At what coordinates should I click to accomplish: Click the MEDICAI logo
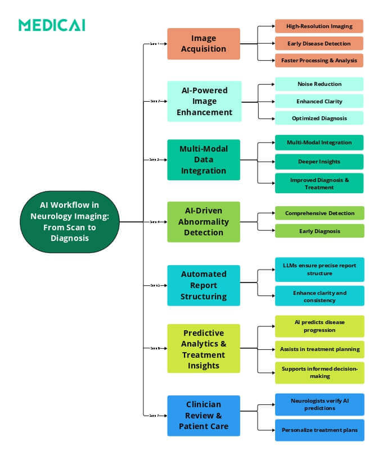click(51, 25)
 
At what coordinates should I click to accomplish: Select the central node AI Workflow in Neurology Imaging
click(70, 222)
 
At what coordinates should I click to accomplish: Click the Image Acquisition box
click(203, 44)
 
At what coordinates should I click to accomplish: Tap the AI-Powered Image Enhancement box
click(204, 101)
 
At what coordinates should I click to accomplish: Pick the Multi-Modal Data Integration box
click(203, 160)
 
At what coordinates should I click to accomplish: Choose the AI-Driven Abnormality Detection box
click(203, 222)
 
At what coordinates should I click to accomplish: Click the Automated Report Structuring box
click(203, 285)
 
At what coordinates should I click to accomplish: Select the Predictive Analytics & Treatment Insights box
click(203, 348)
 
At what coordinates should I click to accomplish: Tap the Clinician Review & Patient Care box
click(203, 415)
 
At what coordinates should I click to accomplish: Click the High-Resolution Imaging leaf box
click(319, 26)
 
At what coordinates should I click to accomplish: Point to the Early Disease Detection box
click(319, 43)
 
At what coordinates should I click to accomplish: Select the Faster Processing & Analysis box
click(319, 60)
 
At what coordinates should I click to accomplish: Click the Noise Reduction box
click(319, 84)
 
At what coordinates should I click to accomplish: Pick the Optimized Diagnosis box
click(319, 118)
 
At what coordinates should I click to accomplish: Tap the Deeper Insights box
click(319, 162)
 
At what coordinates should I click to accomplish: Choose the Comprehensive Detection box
click(319, 213)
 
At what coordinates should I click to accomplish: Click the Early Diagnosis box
click(319, 231)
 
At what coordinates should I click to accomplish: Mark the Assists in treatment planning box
click(319, 349)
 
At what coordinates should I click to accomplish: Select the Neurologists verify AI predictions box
click(319, 404)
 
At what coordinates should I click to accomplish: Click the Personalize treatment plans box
click(319, 430)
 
